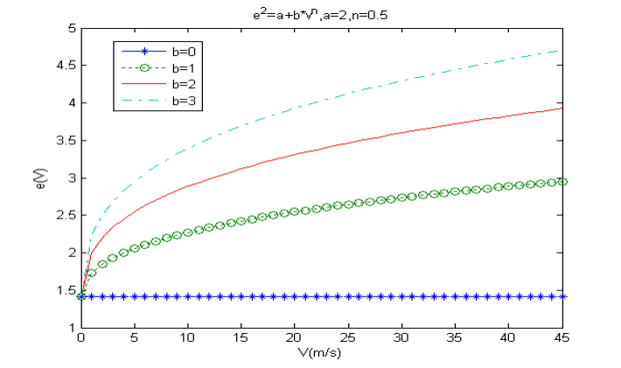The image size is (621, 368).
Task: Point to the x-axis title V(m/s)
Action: click(322, 356)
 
